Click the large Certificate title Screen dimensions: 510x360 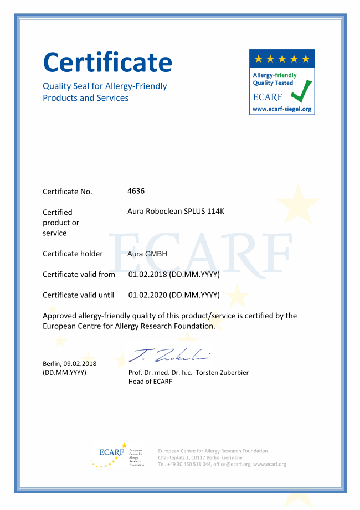tap(107, 61)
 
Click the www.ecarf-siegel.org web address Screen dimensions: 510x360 tap(282, 109)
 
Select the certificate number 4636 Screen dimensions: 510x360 tap(136, 191)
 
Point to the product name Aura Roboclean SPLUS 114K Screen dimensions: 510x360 tap(176, 212)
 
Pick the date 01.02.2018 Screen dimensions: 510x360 tap(148, 275)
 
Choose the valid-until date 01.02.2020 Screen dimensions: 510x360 tap(148, 295)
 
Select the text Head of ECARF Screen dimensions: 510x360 tap(150, 382)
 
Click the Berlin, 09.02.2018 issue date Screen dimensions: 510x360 tap(70, 364)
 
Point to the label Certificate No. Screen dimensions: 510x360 tap(68, 192)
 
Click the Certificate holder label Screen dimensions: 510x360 tap(73, 254)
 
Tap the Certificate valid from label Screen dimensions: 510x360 tap(79, 275)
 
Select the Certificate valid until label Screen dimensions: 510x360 tap(78, 295)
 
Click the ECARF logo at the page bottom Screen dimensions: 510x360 tap(112, 453)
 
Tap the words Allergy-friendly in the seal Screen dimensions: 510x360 tap(275, 75)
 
